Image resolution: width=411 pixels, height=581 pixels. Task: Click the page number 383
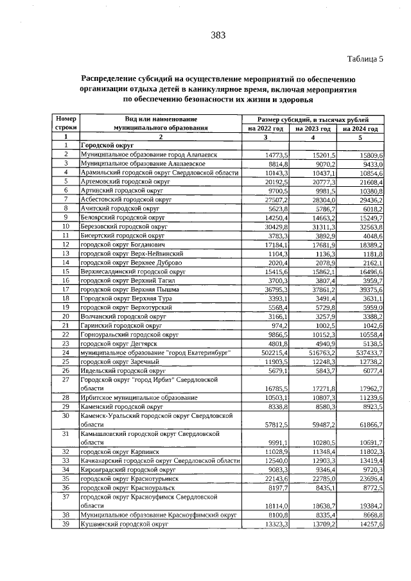pos(218,36)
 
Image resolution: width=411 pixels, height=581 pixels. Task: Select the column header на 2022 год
pos(265,128)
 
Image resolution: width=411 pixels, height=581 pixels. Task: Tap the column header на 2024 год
pos(360,128)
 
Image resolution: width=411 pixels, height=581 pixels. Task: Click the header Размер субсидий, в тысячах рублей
pos(313,119)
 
